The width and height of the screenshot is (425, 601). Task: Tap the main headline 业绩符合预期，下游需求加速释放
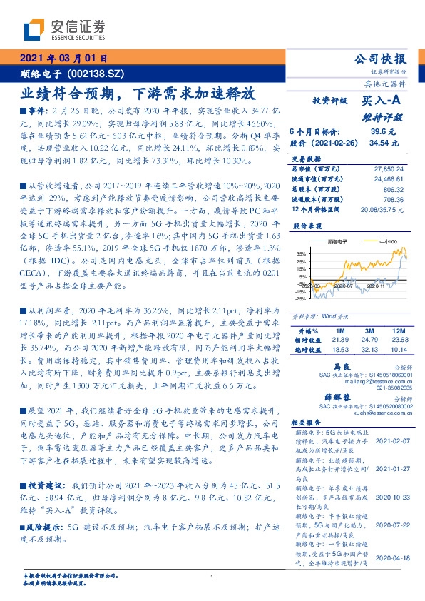(137, 94)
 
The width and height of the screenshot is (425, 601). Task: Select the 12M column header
(397, 331)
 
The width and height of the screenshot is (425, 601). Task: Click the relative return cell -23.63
(397, 340)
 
